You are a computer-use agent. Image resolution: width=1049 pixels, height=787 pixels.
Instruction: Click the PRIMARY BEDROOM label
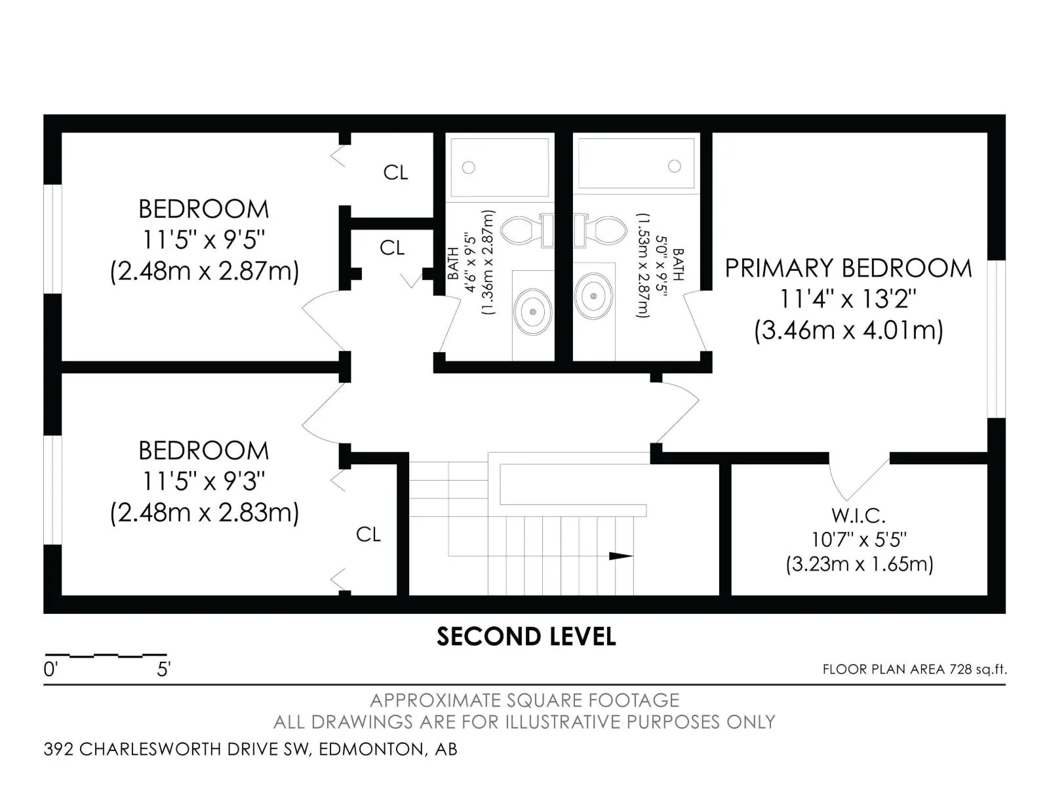point(848,268)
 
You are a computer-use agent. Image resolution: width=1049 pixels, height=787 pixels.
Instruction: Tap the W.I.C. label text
point(858,515)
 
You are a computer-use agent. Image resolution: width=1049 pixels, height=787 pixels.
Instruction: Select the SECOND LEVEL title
point(526,637)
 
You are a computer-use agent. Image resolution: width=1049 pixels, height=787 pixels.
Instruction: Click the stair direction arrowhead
point(620,556)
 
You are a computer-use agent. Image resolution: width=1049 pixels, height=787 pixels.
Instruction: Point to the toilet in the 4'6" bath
point(521,230)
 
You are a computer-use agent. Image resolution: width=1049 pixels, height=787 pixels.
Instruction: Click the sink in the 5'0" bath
point(594,296)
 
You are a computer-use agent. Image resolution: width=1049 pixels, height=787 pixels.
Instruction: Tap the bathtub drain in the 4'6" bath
point(468,167)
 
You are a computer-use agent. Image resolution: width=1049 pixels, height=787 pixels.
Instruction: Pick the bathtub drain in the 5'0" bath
point(674,166)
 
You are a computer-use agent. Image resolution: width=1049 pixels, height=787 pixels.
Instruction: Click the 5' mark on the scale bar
point(163,670)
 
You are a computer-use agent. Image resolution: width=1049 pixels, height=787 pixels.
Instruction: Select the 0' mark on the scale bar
point(50,670)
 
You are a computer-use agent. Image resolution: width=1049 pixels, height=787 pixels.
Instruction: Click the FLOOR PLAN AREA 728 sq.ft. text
point(914,670)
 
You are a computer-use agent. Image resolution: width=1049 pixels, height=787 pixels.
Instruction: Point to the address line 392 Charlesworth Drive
point(250,749)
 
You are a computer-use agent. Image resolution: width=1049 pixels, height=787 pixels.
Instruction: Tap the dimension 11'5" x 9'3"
point(203,482)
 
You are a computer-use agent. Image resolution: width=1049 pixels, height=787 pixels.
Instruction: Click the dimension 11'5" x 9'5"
point(203,240)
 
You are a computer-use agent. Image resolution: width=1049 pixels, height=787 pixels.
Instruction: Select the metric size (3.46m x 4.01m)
point(848,330)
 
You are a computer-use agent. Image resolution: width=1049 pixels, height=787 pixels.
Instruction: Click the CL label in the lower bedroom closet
point(368,535)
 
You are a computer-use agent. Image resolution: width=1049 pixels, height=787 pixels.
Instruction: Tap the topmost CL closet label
point(395,172)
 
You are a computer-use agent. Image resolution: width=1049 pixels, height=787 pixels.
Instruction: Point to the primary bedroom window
point(996,338)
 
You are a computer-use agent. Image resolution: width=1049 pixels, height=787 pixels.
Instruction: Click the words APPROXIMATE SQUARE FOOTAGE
point(524,700)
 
